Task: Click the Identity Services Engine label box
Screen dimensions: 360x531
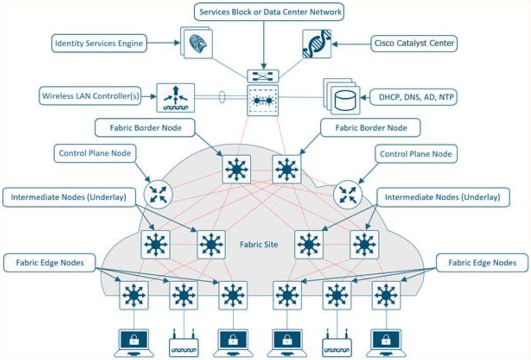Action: tap(98, 43)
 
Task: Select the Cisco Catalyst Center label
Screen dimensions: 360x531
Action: tap(414, 43)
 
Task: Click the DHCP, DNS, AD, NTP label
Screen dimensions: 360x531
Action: tap(413, 97)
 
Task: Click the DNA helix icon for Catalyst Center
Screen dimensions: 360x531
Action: tap(317, 44)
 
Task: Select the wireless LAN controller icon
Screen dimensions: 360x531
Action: tap(175, 98)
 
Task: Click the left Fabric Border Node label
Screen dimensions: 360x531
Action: tap(145, 128)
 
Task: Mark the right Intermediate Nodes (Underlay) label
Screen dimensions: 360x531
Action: tap(442, 198)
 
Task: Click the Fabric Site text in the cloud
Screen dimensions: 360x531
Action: tap(258, 245)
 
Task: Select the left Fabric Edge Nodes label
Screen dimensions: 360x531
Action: tap(49, 262)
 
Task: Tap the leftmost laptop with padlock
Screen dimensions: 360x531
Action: tap(134, 342)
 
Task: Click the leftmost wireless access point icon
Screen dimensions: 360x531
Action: tap(184, 344)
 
